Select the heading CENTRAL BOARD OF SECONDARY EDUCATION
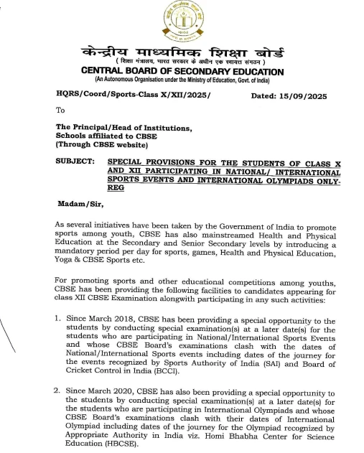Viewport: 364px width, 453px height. [182, 72]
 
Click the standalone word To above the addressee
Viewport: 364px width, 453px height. [60, 111]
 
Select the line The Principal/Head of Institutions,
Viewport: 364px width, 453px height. [124, 128]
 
